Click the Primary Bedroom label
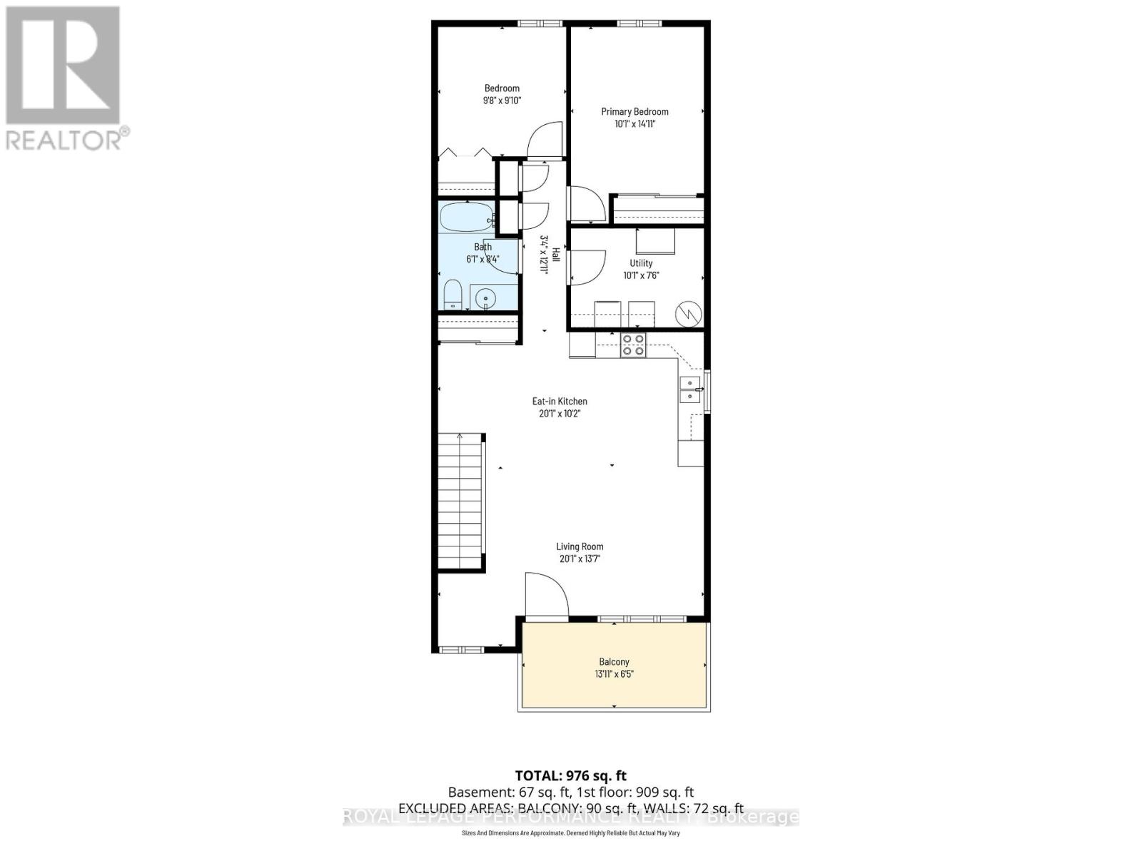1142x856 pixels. (x=635, y=111)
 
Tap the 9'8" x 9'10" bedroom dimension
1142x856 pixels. (x=502, y=101)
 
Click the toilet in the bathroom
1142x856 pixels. (x=453, y=295)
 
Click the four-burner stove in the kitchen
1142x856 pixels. (x=633, y=345)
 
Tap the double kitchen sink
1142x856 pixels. (x=689, y=389)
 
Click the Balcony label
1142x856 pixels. (x=614, y=662)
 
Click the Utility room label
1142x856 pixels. (x=640, y=263)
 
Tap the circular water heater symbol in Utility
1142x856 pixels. (x=689, y=313)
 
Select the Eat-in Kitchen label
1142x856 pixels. (x=560, y=401)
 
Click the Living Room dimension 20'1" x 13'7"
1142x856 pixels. (x=580, y=559)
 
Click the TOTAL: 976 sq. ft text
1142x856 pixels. (x=570, y=775)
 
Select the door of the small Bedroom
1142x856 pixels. (x=545, y=140)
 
